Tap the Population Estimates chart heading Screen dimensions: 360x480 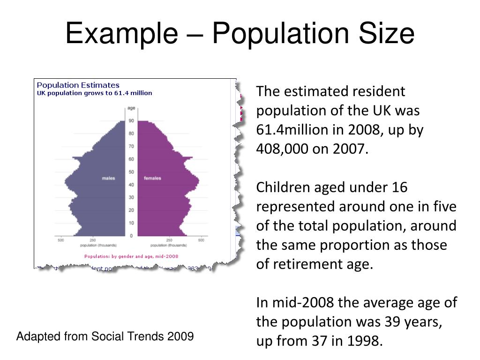point(78,85)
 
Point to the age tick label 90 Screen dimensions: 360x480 point(132,121)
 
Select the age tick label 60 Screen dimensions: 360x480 point(132,159)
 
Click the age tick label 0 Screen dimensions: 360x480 point(132,236)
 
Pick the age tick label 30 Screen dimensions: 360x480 point(132,197)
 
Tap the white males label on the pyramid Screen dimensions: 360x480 point(108,178)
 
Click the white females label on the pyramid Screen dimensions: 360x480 point(152,178)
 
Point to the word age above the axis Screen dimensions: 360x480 point(132,108)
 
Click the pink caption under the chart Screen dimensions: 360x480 point(131,256)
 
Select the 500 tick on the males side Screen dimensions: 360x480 point(61,240)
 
